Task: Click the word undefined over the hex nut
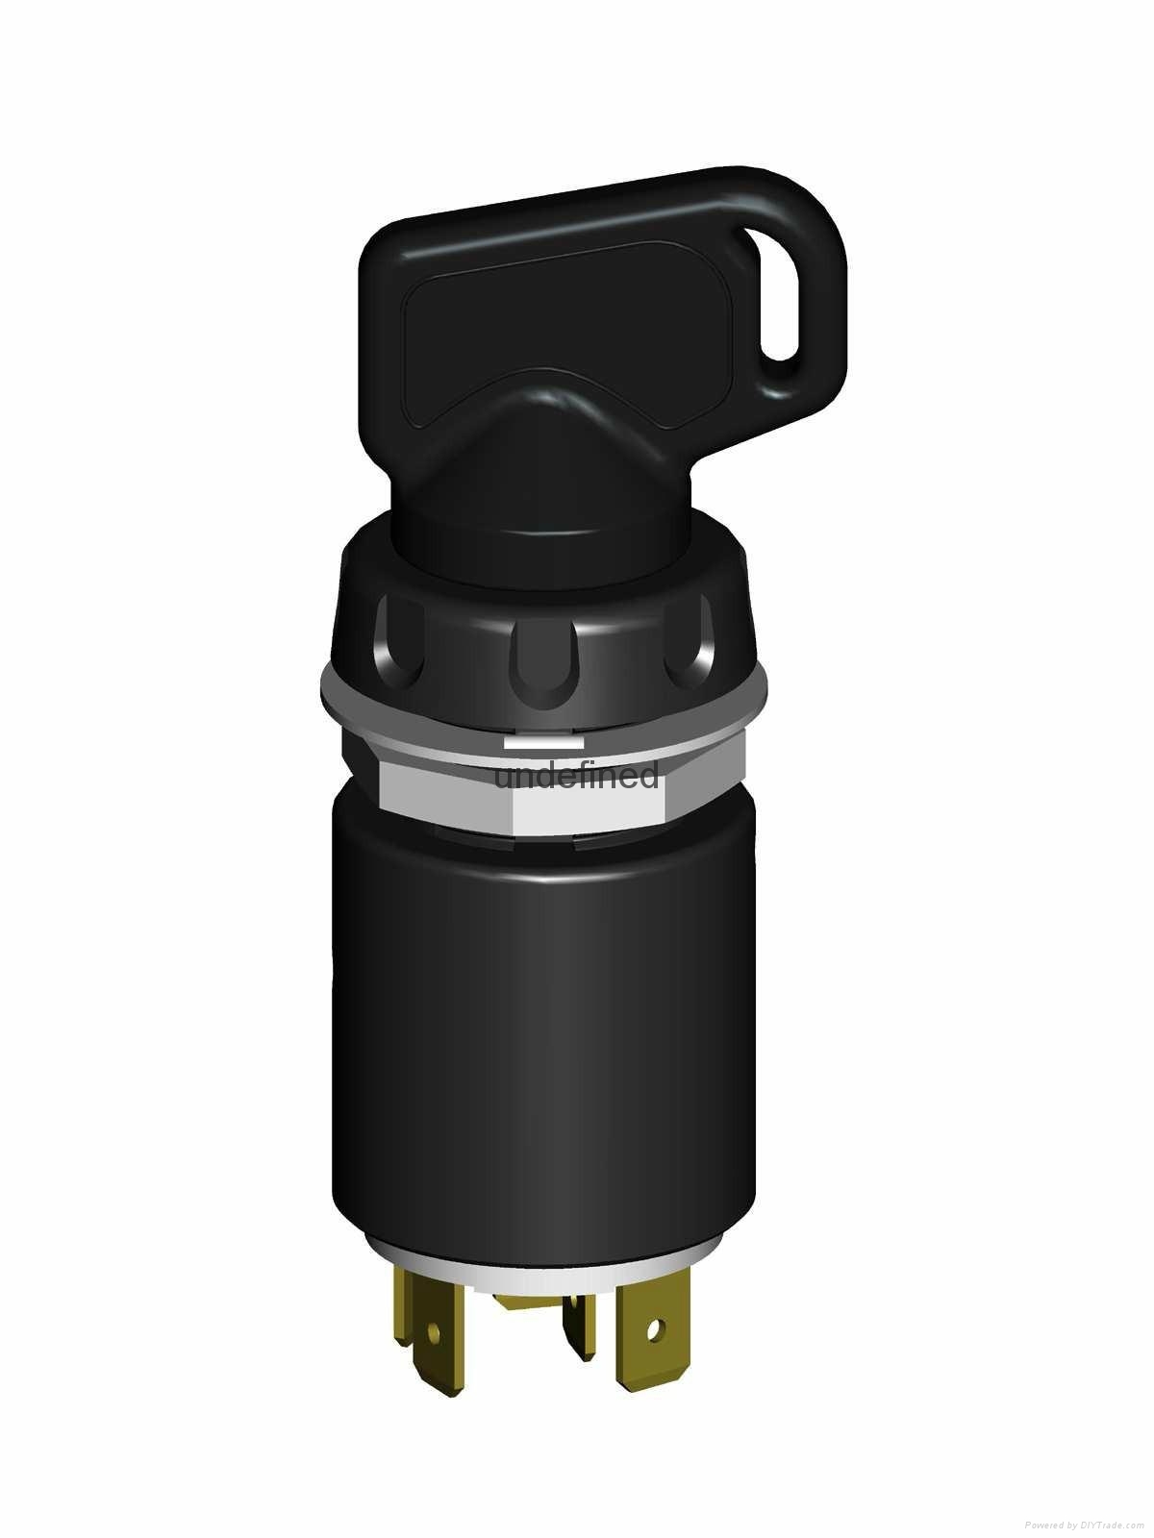[x=577, y=774]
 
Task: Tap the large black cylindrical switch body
[x=539, y=1038]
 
